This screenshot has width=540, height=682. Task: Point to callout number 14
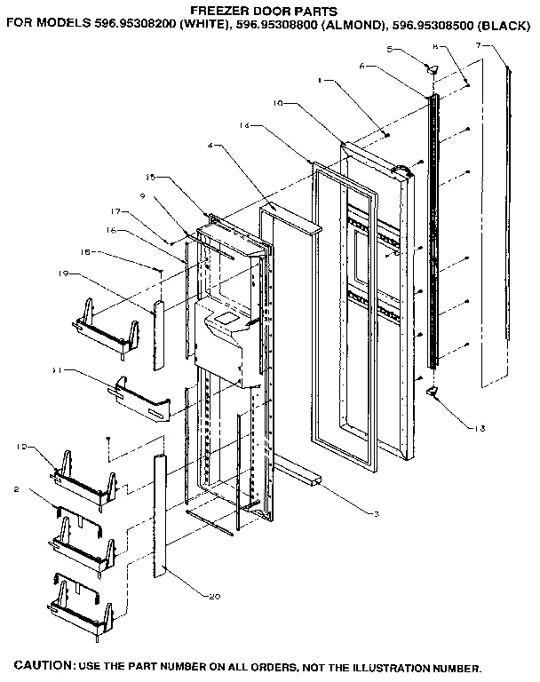click(x=244, y=127)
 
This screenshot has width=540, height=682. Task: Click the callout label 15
click(x=150, y=178)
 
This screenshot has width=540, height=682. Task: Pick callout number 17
click(x=115, y=211)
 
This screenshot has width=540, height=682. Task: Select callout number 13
click(x=480, y=429)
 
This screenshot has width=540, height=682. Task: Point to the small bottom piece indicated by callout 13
click(x=433, y=392)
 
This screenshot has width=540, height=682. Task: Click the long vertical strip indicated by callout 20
click(x=160, y=515)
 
